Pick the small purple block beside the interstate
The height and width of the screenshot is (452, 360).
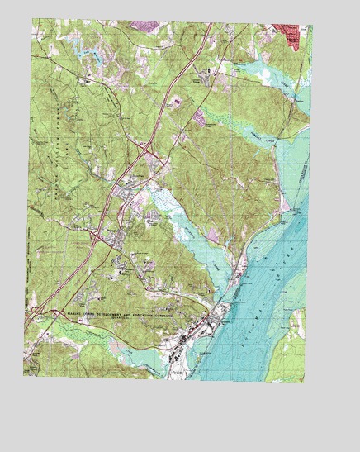point(178,103)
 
